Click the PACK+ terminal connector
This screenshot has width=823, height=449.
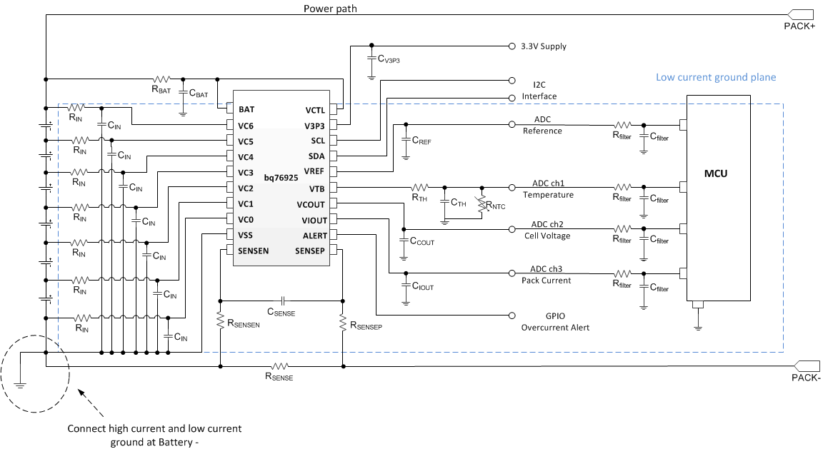[800, 14]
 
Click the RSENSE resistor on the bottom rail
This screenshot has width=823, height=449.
[279, 366]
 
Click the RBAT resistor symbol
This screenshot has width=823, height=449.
[161, 79]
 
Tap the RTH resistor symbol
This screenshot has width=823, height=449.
[419, 188]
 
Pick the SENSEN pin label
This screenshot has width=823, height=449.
[254, 251]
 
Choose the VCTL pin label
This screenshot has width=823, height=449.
[314, 110]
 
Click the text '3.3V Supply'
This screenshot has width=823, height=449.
[544, 46]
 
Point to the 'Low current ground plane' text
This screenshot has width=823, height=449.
[715, 77]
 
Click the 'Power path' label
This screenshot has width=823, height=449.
[330, 9]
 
